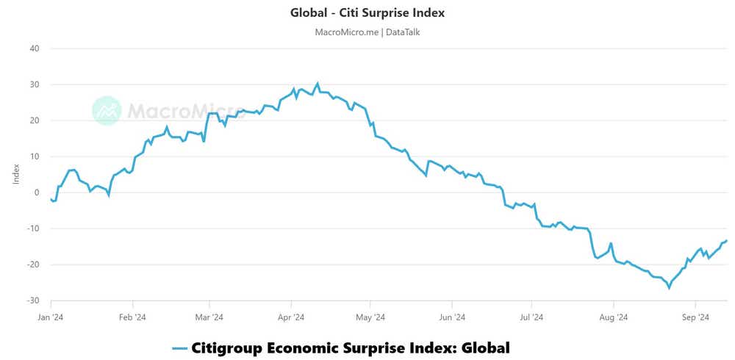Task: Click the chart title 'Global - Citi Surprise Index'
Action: pos(367,12)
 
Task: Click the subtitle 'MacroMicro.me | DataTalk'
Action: pos(367,32)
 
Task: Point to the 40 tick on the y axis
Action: pos(35,48)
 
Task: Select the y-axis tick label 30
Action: pos(35,84)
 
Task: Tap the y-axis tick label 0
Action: pos(37,192)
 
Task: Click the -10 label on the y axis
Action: pos(33,228)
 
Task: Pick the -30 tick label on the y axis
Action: pos(33,300)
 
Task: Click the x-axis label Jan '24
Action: pos(51,317)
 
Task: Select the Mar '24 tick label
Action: pos(209,317)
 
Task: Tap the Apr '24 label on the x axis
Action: pos(291,317)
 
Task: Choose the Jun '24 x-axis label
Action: pos(452,317)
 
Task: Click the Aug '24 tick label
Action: pos(613,317)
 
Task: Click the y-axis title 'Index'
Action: pos(15,175)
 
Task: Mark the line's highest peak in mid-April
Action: pos(318,83)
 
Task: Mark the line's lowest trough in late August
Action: pos(669,287)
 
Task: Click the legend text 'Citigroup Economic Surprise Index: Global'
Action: pos(351,348)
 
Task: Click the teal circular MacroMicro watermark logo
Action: pos(107,110)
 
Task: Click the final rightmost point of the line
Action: pos(727,240)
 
